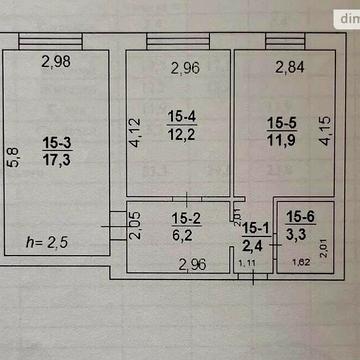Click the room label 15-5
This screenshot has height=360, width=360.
pyautogui.click(x=282, y=123)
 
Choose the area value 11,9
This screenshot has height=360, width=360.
pyautogui.click(x=282, y=139)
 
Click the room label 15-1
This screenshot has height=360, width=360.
pyautogui.click(x=257, y=228)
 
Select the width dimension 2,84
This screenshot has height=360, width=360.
pyautogui.click(x=291, y=67)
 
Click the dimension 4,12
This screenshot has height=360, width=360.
pyautogui.click(x=137, y=132)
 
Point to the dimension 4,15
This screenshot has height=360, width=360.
pyautogui.click(x=324, y=133)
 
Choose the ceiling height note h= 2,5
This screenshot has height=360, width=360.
pyautogui.click(x=49, y=242)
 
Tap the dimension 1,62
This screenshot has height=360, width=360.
pyautogui.click(x=299, y=263)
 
